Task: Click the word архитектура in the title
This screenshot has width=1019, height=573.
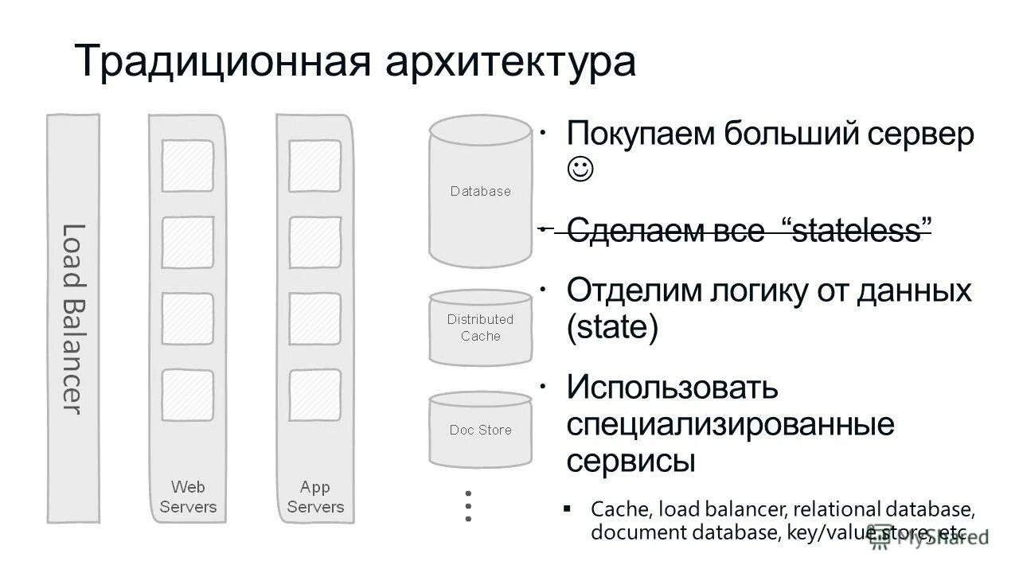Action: click(511, 62)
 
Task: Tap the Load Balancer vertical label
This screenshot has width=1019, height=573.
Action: click(72, 318)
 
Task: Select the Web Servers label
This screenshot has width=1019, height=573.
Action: click(188, 497)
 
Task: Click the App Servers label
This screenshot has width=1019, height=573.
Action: click(315, 497)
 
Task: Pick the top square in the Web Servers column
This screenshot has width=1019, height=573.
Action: click(188, 166)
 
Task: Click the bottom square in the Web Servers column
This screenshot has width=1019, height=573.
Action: click(188, 395)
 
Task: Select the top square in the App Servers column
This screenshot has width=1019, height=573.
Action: click(315, 166)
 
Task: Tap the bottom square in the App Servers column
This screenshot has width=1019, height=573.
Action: click(315, 395)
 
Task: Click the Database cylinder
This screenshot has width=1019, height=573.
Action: click(480, 191)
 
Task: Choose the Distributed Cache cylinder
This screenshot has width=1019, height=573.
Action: click(480, 327)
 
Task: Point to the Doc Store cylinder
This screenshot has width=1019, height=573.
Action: click(480, 430)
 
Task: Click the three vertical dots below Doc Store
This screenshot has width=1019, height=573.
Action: click(468, 506)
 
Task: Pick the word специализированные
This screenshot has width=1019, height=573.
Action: click(730, 424)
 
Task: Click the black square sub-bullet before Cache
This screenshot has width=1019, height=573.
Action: click(567, 508)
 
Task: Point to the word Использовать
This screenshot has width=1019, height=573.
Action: click(672, 388)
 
